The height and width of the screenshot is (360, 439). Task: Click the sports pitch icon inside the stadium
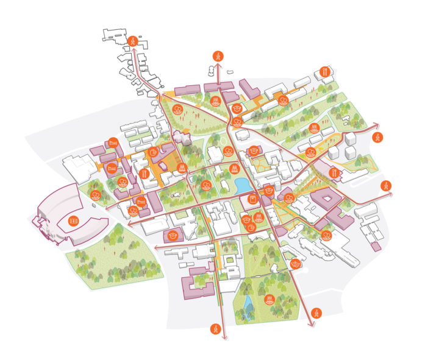74,220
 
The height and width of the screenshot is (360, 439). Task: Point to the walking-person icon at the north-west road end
134,41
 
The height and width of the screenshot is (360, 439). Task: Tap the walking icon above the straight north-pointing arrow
218,55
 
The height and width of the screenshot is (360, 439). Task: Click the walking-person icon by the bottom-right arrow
316,314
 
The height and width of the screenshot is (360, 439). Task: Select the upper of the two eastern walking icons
379,137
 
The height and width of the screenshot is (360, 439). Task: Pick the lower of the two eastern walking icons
385,185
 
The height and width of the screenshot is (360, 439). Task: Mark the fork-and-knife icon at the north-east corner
325,72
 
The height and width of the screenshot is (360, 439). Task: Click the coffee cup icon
252,227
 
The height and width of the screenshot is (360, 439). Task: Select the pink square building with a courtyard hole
327,200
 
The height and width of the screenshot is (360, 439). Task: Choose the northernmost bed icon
111,144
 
